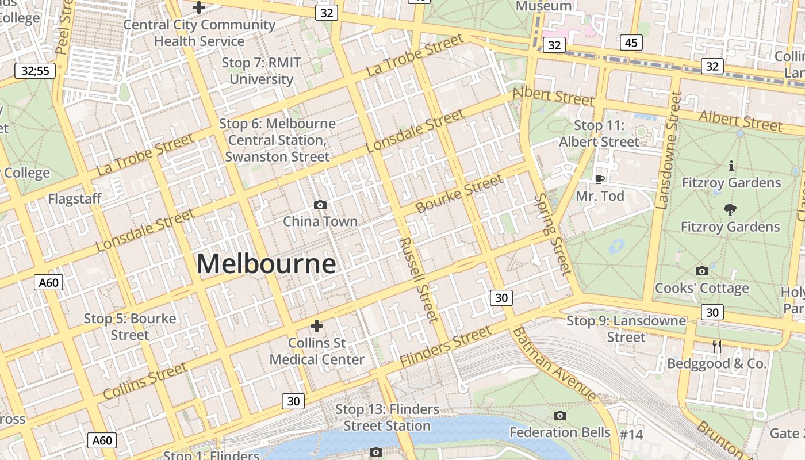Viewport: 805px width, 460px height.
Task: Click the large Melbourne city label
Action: point(266,264)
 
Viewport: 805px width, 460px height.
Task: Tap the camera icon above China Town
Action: point(320,205)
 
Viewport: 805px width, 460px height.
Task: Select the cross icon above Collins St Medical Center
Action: point(316,326)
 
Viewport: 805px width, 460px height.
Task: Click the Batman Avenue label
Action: point(554,363)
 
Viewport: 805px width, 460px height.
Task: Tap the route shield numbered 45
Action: point(631,43)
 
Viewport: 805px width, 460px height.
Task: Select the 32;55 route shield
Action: point(35,71)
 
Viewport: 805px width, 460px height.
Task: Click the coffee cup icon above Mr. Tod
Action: point(599,179)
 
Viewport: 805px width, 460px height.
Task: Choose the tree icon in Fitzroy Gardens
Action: point(730,210)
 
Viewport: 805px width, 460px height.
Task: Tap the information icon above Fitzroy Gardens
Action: point(731,166)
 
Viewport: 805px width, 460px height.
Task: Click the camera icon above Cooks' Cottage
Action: point(701,271)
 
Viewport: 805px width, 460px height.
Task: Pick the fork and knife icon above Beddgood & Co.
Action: point(716,346)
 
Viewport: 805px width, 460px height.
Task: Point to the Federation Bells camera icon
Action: point(559,415)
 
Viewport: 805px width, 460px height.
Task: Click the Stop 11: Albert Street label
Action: point(599,133)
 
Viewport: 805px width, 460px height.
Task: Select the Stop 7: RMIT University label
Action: point(262,71)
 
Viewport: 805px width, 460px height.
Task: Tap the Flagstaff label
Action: point(75,199)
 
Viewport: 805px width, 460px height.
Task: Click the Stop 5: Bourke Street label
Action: point(130,326)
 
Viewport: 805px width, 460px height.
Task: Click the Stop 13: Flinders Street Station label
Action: point(388,417)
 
